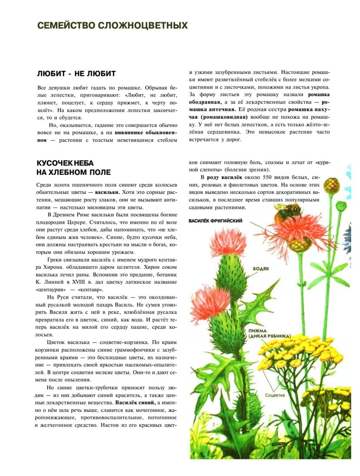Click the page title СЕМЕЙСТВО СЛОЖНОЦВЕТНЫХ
[x=112, y=26]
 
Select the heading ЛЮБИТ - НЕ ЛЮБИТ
[x=76, y=74]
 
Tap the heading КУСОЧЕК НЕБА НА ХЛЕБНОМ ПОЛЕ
[x=74, y=168]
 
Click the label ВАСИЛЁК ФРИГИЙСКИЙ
[x=216, y=221]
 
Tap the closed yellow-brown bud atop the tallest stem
[x=332, y=184]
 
